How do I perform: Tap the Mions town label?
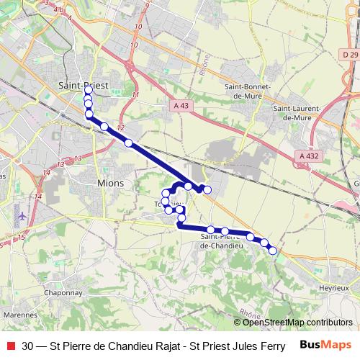point(109,184)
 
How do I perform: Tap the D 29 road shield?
point(350,55)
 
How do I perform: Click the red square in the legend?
point(10,345)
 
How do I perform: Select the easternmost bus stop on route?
point(272,250)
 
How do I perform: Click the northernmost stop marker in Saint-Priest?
point(88,94)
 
